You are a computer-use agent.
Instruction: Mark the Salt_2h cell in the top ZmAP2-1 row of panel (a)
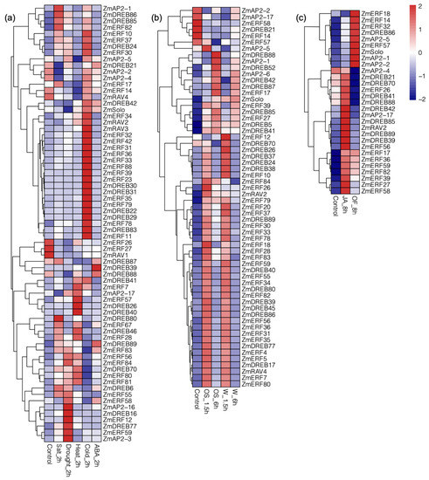click(58, 9)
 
